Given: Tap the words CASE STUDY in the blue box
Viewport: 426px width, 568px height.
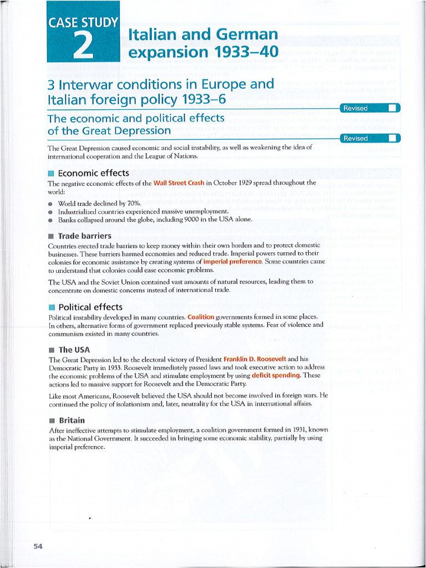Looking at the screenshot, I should click(84, 23).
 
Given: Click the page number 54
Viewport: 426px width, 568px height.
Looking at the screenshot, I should click(38, 546).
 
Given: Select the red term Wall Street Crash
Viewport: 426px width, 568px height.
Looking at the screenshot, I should click(179, 182).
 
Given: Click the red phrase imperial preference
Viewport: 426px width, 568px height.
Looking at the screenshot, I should click(232, 261).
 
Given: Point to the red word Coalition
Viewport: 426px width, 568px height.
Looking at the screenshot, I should click(201, 317).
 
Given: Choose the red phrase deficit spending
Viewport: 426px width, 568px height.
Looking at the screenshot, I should click(276, 376).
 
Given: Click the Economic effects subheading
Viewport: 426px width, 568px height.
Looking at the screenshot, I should click(93, 173).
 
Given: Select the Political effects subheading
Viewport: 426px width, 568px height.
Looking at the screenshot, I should click(90, 307).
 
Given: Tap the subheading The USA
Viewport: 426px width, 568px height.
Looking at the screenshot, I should click(74, 349).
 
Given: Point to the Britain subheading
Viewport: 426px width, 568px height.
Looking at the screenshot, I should click(72, 420).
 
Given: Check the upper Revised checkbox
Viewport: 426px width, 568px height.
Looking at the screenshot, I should click(392, 108).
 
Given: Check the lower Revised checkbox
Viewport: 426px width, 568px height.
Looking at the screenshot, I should click(392, 138).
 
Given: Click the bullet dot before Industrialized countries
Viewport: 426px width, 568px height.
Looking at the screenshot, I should click(50, 212).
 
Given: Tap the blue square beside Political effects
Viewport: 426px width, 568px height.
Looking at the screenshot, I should click(52, 307).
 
